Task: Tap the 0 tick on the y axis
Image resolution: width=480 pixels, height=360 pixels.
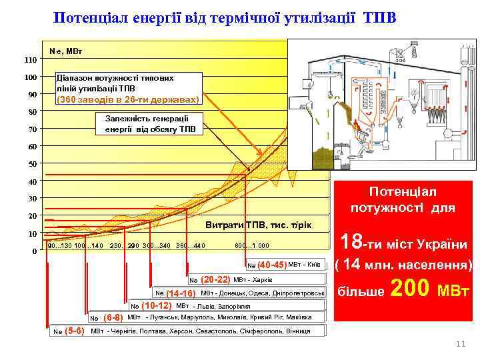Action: click(35, 251)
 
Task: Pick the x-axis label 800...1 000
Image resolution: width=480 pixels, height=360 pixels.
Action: click(253, 245)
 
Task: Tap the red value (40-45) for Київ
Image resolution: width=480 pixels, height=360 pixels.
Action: click(271, 264)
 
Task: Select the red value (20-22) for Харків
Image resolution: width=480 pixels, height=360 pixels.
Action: click(215, 279)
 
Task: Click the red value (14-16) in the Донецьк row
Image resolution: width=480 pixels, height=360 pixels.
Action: click(181, 293)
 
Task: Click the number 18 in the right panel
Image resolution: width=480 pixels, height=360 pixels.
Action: click(354, 241)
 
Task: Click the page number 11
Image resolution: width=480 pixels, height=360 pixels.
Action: click(459, 343)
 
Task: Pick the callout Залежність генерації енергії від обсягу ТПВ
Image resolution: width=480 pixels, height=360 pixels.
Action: click(151, 123)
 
